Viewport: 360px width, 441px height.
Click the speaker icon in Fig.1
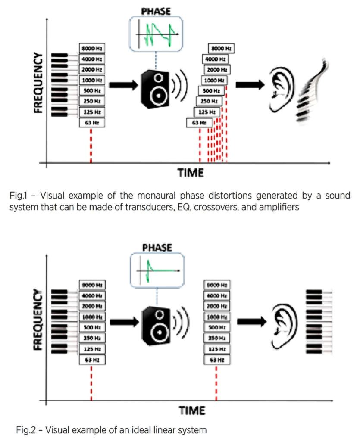point(155,88)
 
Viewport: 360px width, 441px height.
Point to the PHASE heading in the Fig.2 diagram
point(157,248)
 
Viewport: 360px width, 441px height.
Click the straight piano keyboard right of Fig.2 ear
point(319,321)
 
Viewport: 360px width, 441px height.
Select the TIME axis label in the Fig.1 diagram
point(191,173)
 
